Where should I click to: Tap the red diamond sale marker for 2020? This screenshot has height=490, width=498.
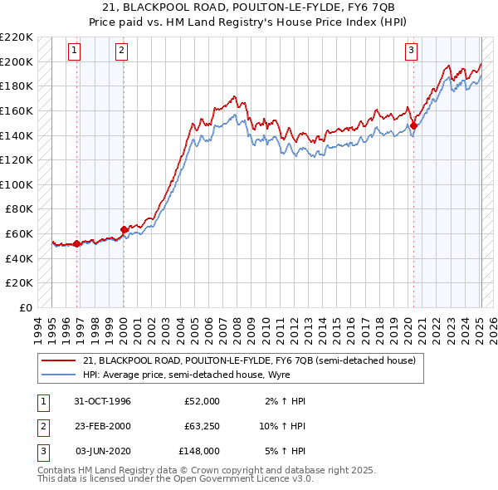pos(413,126)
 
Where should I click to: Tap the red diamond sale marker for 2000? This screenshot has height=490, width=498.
pos(124,229)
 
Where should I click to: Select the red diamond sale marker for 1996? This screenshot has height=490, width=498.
pos(77,243)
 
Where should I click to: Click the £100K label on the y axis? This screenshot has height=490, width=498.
pos(17,184)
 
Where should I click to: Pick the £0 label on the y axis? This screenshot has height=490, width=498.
pos(26,307)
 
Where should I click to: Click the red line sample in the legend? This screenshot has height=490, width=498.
pos(57,360)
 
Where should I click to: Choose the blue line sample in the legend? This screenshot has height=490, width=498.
pos(57,375)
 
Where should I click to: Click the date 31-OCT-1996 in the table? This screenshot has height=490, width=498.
pos(102,401)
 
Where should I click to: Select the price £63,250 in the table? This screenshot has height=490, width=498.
pos(202,426)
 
